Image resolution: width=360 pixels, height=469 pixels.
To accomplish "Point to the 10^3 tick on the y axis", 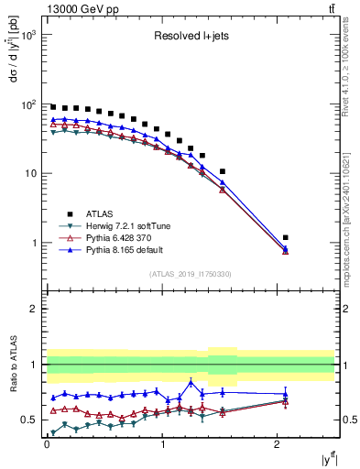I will pyautogui.click(x=30, y=35).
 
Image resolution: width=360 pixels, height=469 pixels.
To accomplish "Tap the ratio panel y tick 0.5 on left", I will pyautogui.click(x=33, y=420).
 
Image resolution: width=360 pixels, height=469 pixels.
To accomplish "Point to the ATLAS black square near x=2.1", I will pyautogui.click(x=286, y=238).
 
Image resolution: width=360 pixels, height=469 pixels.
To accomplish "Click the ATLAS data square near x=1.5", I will pyautogui.click(x=223, y=171).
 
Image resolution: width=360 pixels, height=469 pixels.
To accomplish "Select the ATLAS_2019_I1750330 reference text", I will pyautogui.click(x=190, y=274).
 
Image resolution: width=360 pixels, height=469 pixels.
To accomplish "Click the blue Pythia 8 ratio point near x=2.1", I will pyautogui.click(x=286, y=394).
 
